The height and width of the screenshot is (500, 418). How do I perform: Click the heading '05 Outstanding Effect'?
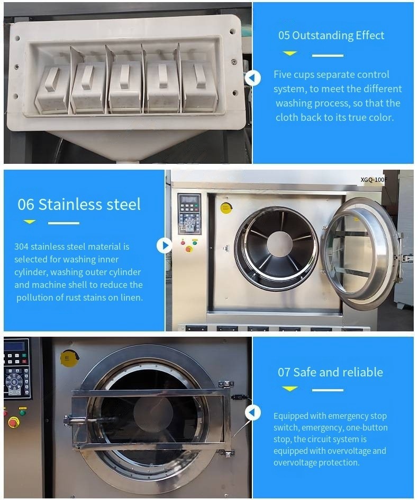point(331,36)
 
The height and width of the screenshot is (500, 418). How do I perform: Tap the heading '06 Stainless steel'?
point(79,204)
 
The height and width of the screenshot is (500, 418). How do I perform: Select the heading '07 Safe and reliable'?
point(330,372)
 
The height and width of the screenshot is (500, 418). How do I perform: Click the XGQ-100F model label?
point(374,180)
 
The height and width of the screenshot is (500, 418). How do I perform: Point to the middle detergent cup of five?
point(125,86)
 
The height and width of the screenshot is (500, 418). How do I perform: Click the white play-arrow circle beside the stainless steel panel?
point(164,245)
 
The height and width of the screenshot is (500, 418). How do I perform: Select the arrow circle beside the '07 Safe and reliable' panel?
point(252,413)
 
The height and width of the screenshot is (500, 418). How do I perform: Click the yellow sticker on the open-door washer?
point(225,208)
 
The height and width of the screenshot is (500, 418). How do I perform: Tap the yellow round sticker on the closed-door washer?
point(69,358)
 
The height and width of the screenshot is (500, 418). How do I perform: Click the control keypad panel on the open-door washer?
point(189,213)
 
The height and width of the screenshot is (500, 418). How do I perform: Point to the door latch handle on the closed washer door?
point(85,421)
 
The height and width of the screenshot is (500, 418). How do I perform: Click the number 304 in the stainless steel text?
point(21,247)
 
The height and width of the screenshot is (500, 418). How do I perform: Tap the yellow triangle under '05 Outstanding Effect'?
point(289,53)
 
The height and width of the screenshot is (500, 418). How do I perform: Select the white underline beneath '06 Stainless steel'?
point(63,223)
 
